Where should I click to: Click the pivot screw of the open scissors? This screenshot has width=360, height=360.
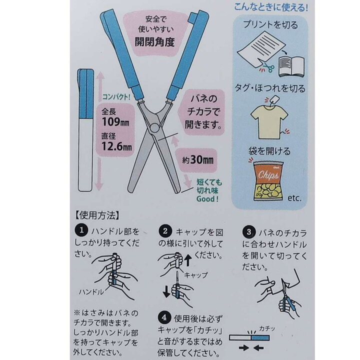154,128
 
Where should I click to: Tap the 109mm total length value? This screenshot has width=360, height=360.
115,122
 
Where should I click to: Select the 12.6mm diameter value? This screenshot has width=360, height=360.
116,146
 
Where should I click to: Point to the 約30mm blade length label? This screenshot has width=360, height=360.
198,160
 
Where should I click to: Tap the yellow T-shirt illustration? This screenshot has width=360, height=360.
269,122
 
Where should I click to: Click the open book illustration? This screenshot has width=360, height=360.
291,66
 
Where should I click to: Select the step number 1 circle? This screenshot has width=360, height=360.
81,230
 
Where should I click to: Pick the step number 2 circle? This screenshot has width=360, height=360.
165,231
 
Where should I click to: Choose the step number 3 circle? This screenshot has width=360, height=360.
249,232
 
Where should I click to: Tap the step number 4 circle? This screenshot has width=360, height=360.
164,318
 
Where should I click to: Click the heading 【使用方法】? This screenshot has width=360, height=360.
97,215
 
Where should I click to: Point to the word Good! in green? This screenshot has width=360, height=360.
207,199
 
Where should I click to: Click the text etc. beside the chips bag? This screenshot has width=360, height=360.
294,198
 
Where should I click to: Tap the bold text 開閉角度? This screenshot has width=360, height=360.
154,42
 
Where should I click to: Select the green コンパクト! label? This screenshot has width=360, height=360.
116,97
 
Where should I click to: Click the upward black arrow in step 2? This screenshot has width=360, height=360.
188,260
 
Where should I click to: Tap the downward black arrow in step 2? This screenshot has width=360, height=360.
166,291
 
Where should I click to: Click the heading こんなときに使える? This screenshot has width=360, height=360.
271,7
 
